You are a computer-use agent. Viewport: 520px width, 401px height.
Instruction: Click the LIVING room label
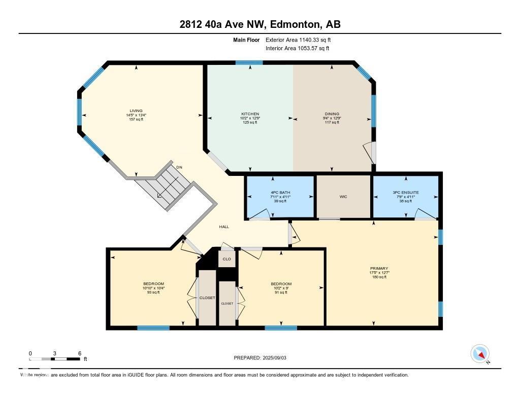click(136, 111)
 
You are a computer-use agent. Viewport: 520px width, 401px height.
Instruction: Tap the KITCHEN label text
click(250, 114)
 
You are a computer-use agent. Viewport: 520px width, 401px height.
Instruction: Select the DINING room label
click(332, 114)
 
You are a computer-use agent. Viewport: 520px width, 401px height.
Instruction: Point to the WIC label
click(344, 197)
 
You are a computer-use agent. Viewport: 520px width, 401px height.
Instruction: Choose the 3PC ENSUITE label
click(406, 193)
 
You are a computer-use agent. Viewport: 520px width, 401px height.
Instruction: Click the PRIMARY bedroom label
click(379, 268)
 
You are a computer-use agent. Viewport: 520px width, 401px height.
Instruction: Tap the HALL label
click(224, 227)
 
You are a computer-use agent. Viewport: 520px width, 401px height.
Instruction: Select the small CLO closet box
click(227, 259)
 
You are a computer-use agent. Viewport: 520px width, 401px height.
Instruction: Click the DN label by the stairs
click(179, 167)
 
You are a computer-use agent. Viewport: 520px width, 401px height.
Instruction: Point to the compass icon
click(480, 354)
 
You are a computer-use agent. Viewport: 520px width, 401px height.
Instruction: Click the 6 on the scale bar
click(80, 353)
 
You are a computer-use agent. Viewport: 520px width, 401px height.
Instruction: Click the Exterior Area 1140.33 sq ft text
click(298, 40)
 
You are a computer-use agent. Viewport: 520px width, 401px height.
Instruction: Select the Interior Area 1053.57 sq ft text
click(297, 49)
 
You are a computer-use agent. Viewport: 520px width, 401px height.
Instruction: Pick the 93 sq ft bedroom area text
click(153, 293)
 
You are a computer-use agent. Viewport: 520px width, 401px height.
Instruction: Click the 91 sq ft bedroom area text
click(281, 293)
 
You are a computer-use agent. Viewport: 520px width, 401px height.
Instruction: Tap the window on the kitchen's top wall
click(249, 63)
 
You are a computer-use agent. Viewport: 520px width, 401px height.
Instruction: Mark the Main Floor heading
click(247, 40)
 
